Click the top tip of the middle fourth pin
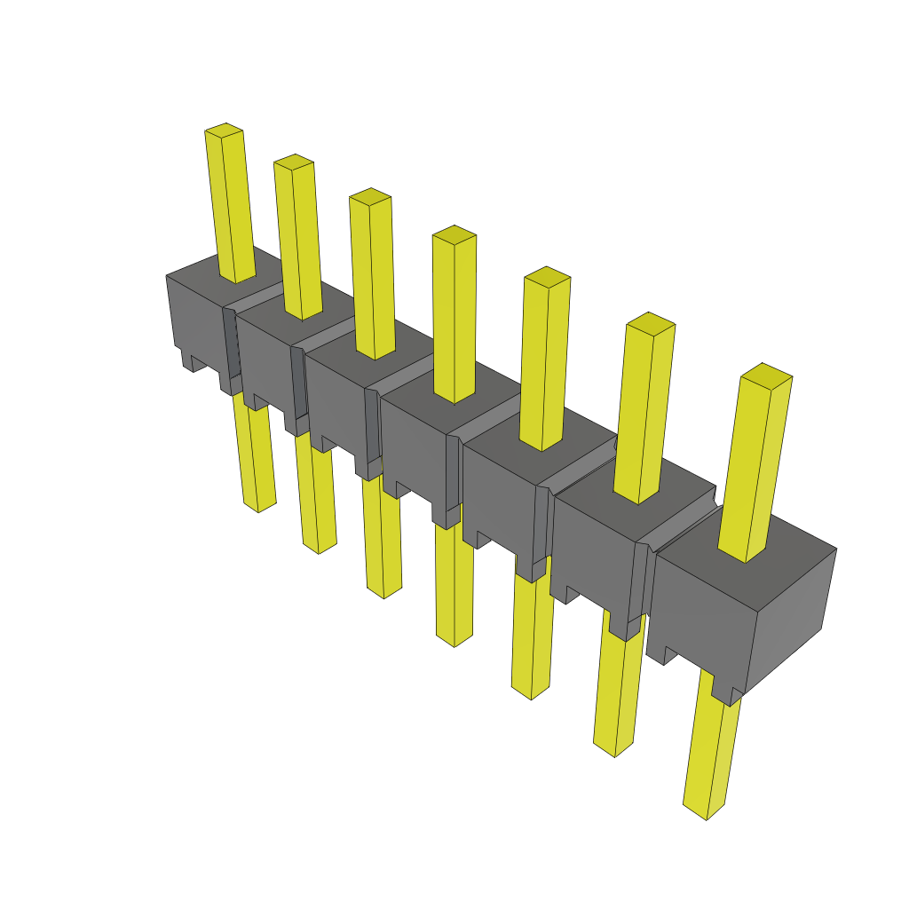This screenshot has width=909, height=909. coord(454,235)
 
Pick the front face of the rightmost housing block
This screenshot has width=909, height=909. coord(701,613)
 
